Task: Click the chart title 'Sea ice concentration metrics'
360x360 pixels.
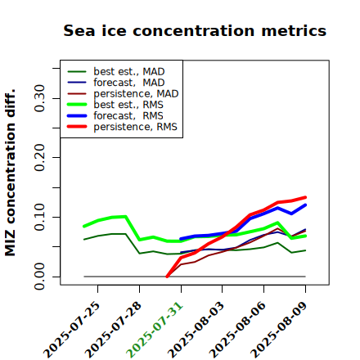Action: (x=195, y=30)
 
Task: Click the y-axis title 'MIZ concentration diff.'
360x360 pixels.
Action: (x=10, y=173)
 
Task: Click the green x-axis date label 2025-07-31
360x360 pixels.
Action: (x=155, y=330)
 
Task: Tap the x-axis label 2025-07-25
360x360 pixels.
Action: (x=71, y=330)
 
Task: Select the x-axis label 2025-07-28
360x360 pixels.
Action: (x=113, y=330)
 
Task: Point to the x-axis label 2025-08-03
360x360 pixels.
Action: (x=196, y=330)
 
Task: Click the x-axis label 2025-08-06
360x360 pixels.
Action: (x=237, y=330)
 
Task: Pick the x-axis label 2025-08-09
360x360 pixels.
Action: (x=279, y=330)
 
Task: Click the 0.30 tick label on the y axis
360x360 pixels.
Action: (x=40, y=98)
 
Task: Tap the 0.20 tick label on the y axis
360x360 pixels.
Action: (x=40, y=158)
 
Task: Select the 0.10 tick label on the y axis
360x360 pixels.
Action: (x=40, y=217)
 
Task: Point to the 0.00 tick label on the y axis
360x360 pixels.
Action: (x=40, y=277)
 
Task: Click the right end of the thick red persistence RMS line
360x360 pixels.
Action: (x=305, y=197)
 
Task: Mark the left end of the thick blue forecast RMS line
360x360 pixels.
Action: (x=181, y=239)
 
